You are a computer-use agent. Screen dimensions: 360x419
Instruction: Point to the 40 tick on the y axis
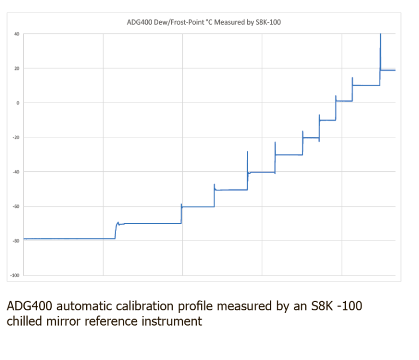point(17,34)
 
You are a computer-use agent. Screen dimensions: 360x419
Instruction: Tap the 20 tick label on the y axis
point(17,68)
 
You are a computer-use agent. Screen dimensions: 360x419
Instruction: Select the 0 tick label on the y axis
point(17,103)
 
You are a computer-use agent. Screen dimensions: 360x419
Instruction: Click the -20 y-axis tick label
point(16,137)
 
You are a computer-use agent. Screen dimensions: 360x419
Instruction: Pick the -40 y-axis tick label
point(16,172)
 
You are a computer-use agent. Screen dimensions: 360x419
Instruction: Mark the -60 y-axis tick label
point(16,206)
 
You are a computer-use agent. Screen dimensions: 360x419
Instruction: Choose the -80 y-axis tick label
point(16,241)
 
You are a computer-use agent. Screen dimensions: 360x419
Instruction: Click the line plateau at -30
point(289,155)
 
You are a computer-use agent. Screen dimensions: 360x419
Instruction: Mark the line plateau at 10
point(366,85)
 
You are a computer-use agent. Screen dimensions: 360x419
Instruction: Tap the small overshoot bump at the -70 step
point(118,223)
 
